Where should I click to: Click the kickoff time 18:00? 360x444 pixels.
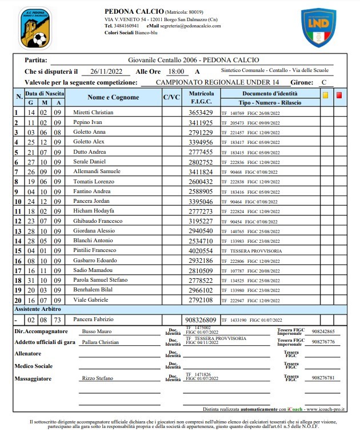pos(175,71)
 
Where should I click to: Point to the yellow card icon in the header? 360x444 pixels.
pos(325,95)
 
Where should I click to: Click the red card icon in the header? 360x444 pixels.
pos(339,95)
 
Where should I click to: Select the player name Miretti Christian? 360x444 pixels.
pos(94,113)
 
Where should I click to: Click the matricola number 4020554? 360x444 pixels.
pos(201,251)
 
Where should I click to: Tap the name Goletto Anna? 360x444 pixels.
pos(89,133)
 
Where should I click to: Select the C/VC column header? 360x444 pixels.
pos(171,97)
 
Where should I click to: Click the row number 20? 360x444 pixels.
pos(17,300)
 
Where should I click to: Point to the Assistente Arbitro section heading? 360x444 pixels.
pos(38,309)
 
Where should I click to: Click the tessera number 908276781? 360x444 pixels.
pos(323,378)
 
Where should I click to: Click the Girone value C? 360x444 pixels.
pos(323,82)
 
